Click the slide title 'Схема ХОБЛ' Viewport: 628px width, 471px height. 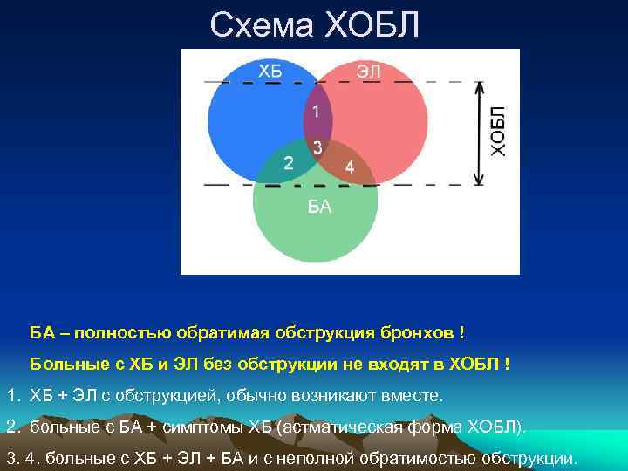[x=314, y=25]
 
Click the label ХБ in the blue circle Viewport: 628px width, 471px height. [x=270, y=71]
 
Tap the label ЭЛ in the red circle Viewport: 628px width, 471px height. [x=368, y=71]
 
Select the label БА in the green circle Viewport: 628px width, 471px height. [x=318, y=208]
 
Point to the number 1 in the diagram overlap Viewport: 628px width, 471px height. [x=317, y=112]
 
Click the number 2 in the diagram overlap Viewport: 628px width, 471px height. [x=289, y=162]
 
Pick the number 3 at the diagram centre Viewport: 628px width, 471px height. [x=317, y=147]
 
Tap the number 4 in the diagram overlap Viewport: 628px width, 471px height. [x=349, y=167]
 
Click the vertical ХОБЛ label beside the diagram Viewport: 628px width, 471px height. [x=498, y=132]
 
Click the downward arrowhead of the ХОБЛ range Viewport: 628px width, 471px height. [x=478, y=179]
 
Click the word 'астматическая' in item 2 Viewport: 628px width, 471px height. [x=346, y=427]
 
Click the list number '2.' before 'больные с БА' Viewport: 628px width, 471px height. [x=12, y=427]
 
